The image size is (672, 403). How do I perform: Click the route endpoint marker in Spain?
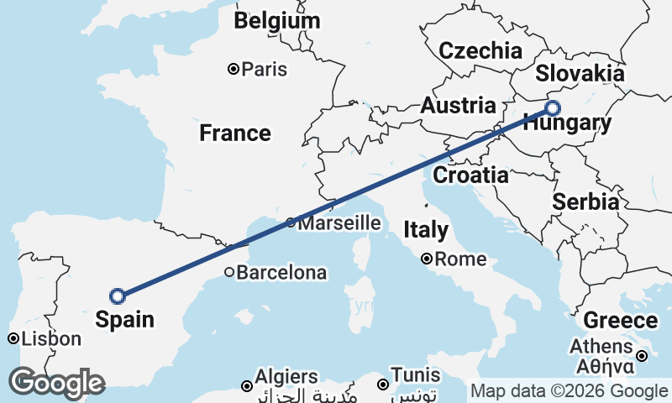coord(118,296)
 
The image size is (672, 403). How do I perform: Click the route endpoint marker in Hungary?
coord(552,107)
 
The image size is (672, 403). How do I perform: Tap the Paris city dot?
coord(234,69)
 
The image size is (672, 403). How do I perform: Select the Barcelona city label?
coord(281,273)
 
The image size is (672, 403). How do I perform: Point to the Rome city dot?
coord(427,259)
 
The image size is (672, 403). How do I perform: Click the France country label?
coord(235,133)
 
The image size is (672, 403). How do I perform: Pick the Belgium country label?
coord(277,21)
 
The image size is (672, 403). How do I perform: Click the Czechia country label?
coord(480,50)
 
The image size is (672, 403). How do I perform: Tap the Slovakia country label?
coord(580,73)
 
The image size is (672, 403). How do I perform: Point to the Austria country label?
coord(458,106)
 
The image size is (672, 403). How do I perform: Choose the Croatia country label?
coord(470,175)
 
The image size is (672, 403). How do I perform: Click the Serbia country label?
coord(585,201)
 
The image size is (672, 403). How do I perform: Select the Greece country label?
coord(620,321)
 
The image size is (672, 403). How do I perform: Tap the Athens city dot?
coord(641,356)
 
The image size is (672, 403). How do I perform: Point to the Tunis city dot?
coord(382,385)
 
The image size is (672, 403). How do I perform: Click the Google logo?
coord(56,383)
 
